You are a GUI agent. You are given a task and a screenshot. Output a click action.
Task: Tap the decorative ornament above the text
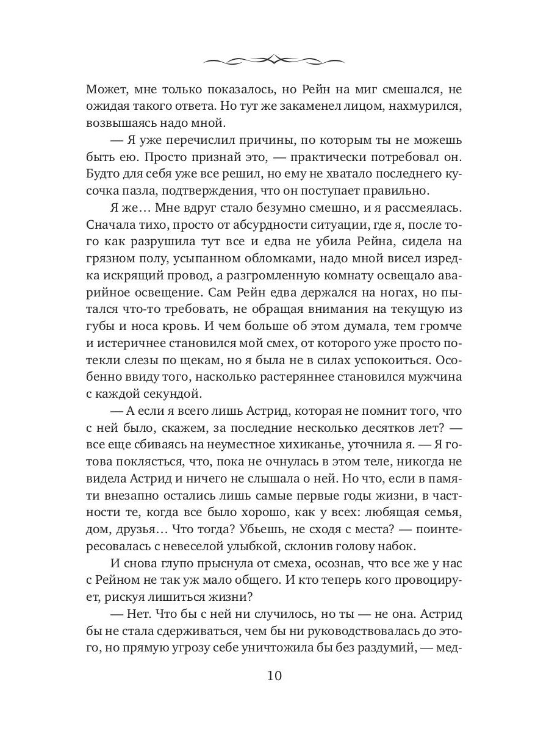click(x=274, y=59)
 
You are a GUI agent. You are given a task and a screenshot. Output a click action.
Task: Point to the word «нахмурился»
click(x=425, y=107)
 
